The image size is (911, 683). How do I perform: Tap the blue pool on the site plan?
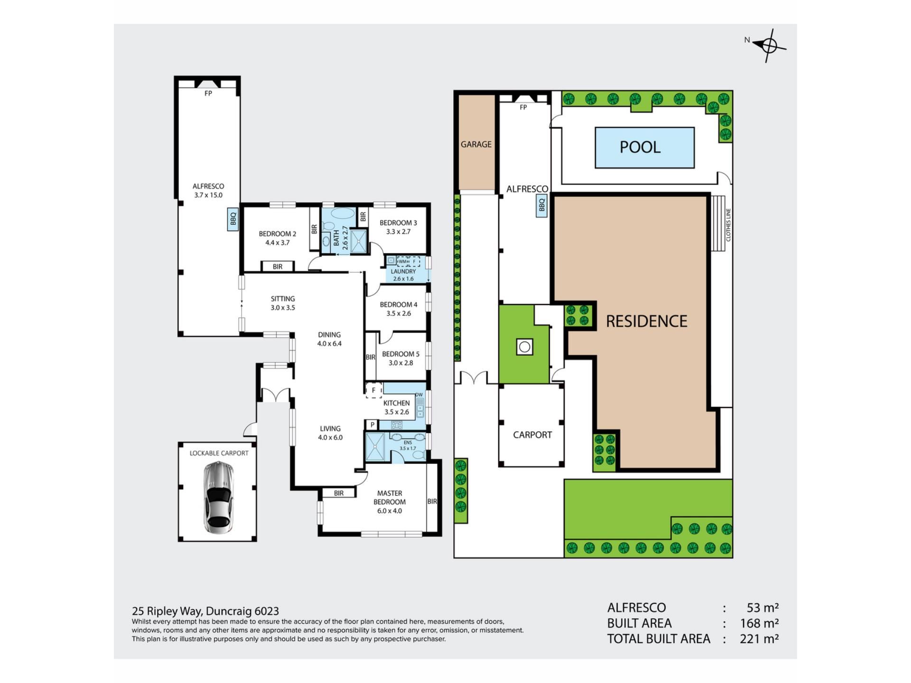point(645,148)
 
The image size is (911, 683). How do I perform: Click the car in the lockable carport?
point(218,497)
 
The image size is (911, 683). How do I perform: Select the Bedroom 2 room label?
point(278,238)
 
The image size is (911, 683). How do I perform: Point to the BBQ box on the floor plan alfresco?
point(233,219)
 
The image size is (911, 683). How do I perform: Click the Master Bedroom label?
point(390,502)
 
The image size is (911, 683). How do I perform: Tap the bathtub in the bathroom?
point(343,213)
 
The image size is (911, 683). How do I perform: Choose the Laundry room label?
point(403,275)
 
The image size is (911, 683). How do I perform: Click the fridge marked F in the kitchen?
point(373,390)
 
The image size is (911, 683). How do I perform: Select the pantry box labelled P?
point(372,425)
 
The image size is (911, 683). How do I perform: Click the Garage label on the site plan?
point(476,144)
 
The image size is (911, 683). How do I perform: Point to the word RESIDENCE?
point(647,322)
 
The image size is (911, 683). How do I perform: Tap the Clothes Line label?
point(728,225)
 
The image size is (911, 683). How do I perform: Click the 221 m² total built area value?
point(759,639)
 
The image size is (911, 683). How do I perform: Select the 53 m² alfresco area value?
point(762,608)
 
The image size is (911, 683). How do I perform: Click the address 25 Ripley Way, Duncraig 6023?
point(205,611)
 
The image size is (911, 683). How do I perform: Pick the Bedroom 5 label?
point(401,359)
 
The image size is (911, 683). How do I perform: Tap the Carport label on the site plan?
point(532,435)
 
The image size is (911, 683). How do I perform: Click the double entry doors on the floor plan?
point(275,395)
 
